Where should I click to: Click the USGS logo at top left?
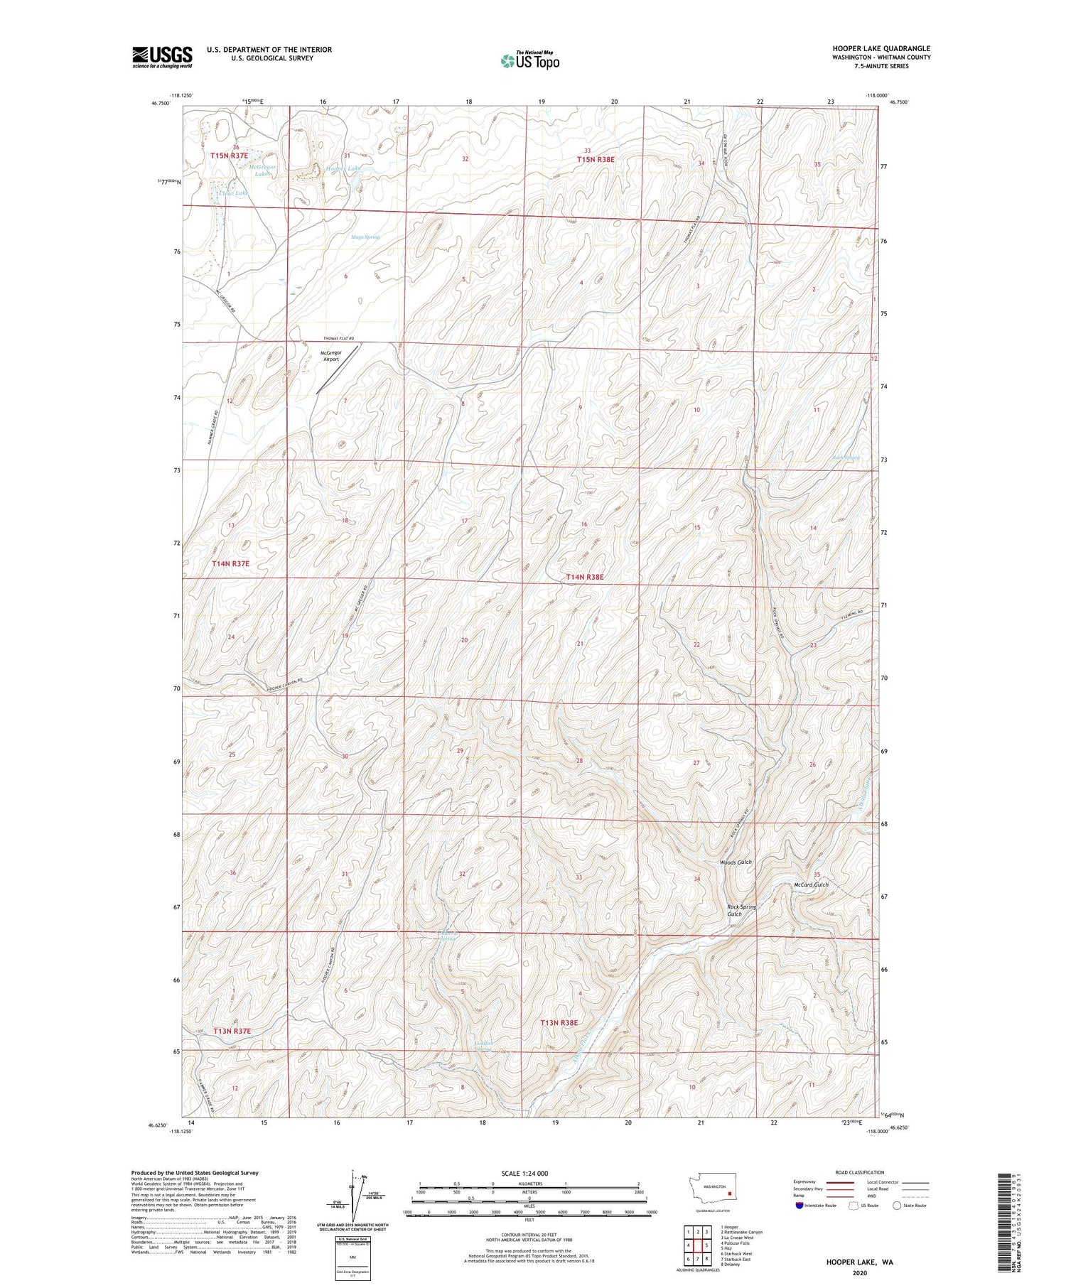coord(162,57)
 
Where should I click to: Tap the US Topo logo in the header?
coord(529,61)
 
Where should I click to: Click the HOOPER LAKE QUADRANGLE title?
coord(881,48)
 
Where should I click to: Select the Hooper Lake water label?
coord(344,168)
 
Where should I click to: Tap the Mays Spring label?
coord(365,237)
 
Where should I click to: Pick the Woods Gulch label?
coord(735,862)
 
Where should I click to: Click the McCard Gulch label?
coord(811,884)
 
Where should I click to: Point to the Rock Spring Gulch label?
coord(741,910)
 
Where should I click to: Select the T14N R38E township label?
coord(584,578)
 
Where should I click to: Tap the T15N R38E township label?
coord(596,160)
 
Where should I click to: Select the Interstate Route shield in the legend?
coord(799,1205)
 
